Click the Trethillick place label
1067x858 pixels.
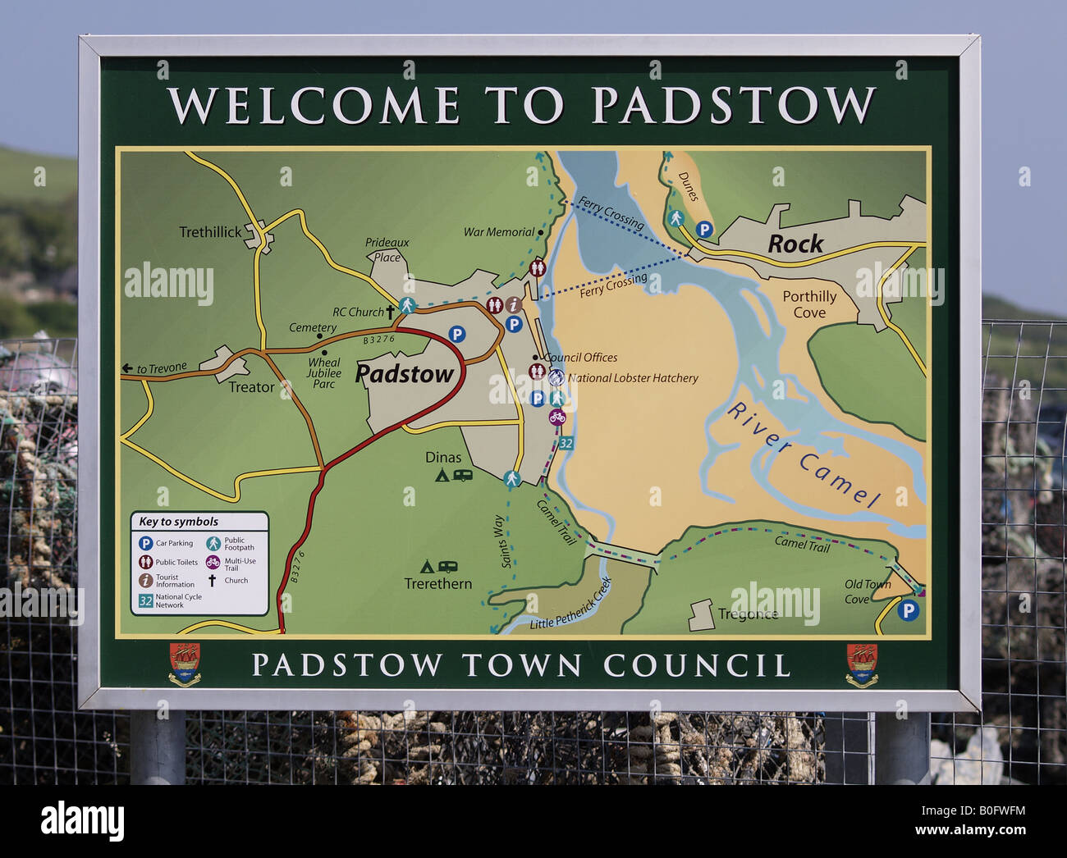[210, 232]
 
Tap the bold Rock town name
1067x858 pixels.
[795, 244]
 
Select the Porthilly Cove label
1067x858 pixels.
[808, 303]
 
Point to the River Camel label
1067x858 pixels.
[804, 454]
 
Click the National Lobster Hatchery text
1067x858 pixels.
[633, 378]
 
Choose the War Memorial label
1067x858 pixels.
[499, 232]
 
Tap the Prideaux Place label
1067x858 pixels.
[387, 249]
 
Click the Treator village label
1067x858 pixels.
[251, 387]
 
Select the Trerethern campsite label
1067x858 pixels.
[437, 584]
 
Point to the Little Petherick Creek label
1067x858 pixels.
[571, 605]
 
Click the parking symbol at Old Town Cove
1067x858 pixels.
[907, 609]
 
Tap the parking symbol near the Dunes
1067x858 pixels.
[704, 230]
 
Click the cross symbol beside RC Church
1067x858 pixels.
[391, 312]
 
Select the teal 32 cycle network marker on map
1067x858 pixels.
[566, 444]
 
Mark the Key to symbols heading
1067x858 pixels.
[179, 522]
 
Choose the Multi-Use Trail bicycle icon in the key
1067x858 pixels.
[213, 563]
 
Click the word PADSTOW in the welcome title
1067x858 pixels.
[733, 105]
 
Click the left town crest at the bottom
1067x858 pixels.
[185, 664]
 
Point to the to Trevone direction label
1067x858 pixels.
[155, 369]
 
